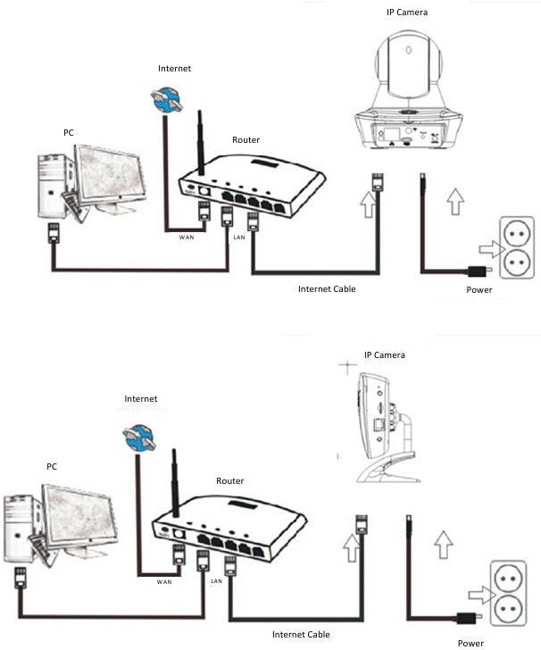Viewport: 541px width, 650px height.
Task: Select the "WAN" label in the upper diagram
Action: [186, 237]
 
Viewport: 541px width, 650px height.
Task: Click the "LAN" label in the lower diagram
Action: [216, 580]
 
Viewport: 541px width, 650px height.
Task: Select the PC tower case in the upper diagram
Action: [54, 186]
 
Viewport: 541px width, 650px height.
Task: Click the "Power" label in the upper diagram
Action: [479, 290]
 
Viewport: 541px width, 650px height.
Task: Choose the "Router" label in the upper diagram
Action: [246, 140]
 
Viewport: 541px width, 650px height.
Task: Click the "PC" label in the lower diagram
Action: [51, 466]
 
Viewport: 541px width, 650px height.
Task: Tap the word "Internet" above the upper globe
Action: [174, 69]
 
